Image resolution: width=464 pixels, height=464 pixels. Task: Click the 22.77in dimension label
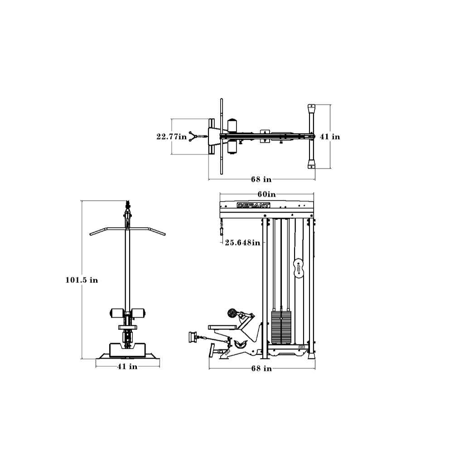click(172, 137)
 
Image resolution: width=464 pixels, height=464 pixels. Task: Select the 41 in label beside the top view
click(330, 137)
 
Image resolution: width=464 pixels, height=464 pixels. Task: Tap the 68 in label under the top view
click(261, 179)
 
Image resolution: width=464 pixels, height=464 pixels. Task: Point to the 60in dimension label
click(266, 194)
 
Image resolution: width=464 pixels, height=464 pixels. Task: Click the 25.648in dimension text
click(243, 243)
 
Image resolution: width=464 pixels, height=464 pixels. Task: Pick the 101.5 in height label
click(82, 280)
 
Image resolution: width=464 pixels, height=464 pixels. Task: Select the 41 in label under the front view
click(127, 367)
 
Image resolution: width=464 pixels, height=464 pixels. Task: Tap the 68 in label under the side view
click(261, 368)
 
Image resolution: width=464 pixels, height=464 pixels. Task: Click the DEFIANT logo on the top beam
click(253, 205)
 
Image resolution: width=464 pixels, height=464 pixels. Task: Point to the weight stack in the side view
click(281, 327)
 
